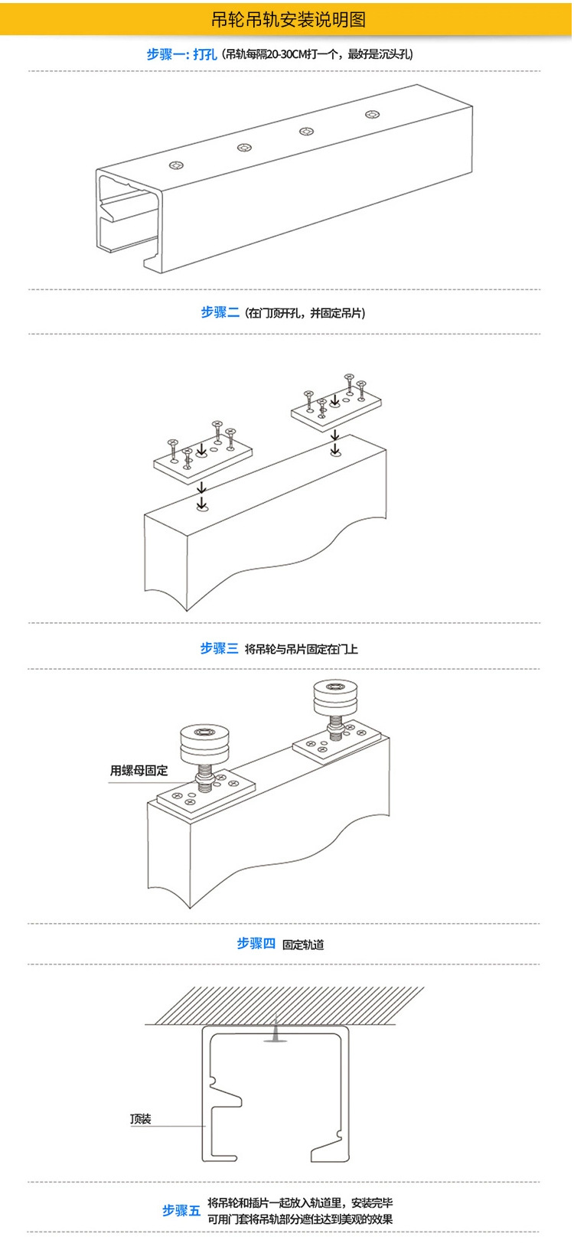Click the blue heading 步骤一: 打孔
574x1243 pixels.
182,54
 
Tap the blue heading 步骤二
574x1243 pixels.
220,312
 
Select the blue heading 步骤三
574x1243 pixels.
219,648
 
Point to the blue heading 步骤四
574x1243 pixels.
256,944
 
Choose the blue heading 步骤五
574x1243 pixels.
181,1210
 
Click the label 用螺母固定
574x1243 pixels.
139,771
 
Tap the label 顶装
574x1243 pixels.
141,1119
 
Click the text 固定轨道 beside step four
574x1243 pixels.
303,944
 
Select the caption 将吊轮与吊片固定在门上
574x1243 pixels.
301,649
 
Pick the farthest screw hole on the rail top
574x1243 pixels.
372,116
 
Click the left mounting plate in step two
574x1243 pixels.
204,462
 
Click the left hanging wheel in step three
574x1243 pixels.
204,744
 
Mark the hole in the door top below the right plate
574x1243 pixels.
335,453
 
